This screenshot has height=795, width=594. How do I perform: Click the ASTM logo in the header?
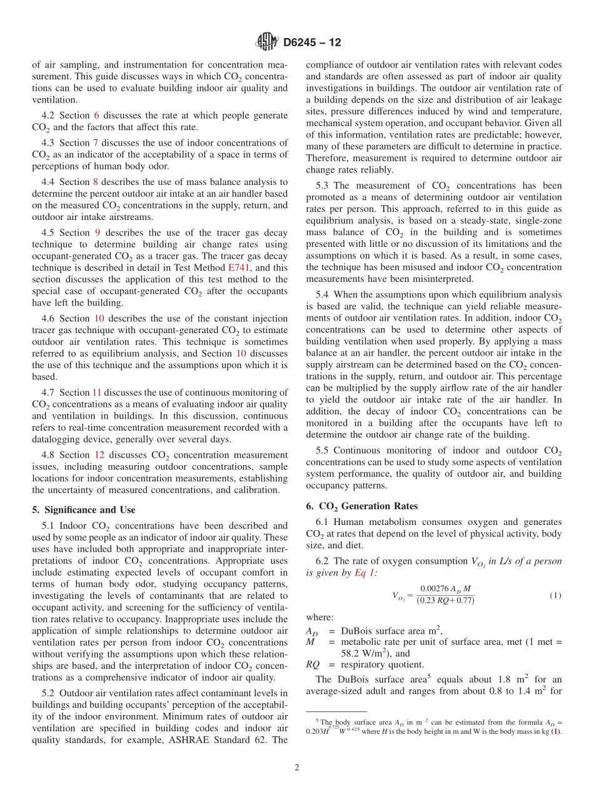coord(266,42)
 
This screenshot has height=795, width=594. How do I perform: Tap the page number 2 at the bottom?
coord(297,767)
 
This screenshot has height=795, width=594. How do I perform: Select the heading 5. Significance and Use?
coord(84,509)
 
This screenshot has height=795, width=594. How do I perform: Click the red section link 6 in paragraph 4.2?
coord(96,116)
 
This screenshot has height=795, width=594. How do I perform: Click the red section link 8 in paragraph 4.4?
coord(96,182)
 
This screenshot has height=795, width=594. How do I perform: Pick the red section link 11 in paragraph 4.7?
coord(97,392)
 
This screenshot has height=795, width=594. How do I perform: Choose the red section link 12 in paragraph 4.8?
coord(99,455)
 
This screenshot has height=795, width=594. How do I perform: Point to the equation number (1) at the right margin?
coord(555,596)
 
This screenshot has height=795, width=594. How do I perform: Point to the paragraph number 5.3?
coord(324,186)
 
